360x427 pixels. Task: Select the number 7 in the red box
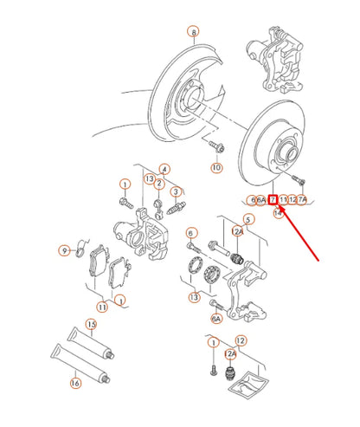pos(273,199)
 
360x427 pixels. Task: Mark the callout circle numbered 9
pos(63,250)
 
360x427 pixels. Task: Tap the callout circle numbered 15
pos(90,324)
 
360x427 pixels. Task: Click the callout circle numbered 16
pos(75,381)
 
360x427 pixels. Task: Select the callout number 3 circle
pos(175,191)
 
